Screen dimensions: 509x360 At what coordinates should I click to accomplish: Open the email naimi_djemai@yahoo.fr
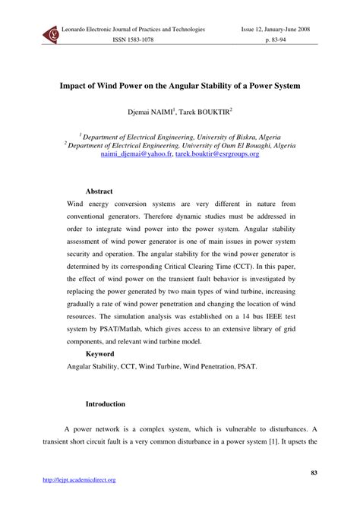point(136,153)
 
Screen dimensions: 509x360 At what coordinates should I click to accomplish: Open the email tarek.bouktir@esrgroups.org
point(217,153)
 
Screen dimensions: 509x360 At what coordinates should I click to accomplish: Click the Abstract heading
point(99,191)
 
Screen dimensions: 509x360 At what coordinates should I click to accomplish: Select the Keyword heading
point(100,353)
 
